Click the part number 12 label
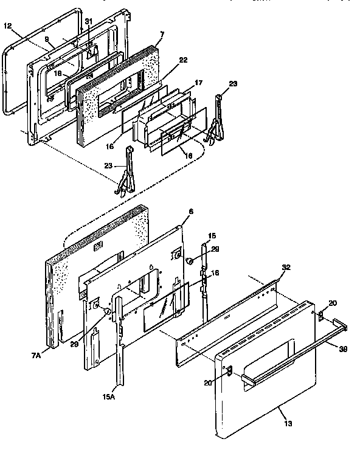coord(7,26)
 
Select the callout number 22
coord(183,60)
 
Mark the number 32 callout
coord(286,267)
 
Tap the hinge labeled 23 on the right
coord(216,125)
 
